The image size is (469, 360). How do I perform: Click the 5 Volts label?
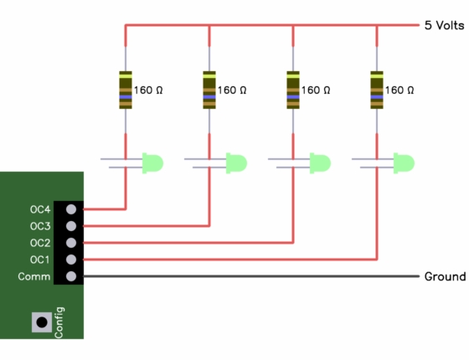click(x=444, y=25)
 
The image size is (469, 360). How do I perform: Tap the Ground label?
click(x=445, y=276)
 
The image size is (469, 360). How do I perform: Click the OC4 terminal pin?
click(x=71, y=209)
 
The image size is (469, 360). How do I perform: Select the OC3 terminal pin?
click(x=71, y=226)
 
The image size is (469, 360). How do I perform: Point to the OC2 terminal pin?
click(x=71, y=243)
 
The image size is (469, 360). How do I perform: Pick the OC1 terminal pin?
click(x=71, y=260)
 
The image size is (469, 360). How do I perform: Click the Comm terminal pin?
click(x=71, y=276)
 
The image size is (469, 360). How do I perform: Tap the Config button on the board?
click(x=42, y=322)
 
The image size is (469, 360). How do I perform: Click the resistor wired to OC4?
click(x=126, y=90)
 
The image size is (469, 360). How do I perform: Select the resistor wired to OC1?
click(x=377, y=90)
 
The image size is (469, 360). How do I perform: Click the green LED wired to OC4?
click(x=152, y=163)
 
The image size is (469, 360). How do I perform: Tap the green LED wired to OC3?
click(x=236, y=163)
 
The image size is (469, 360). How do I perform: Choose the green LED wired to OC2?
click(x=320, y=163)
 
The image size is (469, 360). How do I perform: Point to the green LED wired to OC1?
click(x=404, y=163)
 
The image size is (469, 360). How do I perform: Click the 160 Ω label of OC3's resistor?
click(x=232, y=90)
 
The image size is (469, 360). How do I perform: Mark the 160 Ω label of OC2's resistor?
click(x=316, y=90)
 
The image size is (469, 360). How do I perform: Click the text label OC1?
click(x=40, y=260)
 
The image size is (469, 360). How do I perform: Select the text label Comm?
click(x=34, y=276)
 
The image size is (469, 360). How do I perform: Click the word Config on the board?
click(x=59, y=322)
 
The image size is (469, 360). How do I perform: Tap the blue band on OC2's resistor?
click(x=293, y=97)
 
